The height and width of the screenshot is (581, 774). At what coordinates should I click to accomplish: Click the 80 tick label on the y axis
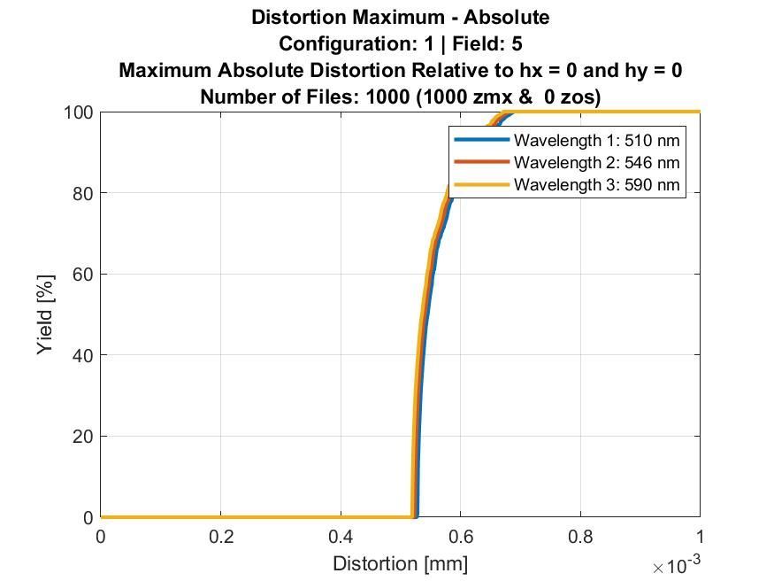tap(82, 193)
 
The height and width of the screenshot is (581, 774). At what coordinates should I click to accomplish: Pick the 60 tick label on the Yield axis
tap(82, 275)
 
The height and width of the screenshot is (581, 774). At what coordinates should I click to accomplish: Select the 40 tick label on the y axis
tap(82, 355)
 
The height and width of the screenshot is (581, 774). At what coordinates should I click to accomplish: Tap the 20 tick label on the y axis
tap(82, 437)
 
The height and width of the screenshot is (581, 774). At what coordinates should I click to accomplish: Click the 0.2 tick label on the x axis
tap(221, 537)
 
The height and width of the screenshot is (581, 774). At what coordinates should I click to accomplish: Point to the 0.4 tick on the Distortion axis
tap(341, 537)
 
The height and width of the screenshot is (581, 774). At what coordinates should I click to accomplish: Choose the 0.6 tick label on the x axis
tap(460, 537)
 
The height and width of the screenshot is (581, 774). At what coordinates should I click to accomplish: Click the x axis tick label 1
tap(700, 537)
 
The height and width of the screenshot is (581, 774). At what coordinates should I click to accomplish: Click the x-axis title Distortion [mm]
tap(400, 563)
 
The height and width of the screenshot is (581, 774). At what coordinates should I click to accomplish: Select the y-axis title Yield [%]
tap(46, 314)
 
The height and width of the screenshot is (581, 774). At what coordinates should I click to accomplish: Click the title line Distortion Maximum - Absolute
tap(400, 17)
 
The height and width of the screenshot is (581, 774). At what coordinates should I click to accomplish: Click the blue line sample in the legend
tap(481, 140)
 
